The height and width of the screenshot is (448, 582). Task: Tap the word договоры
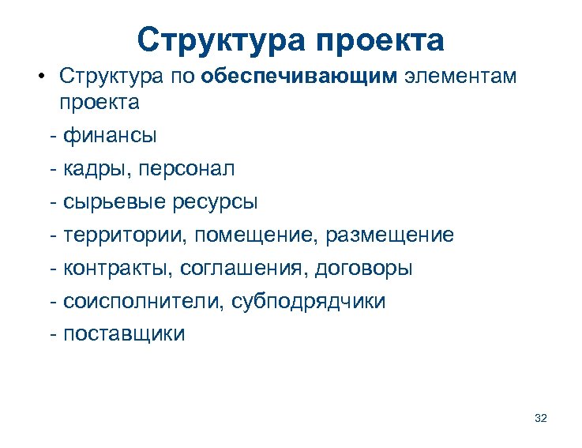[363, 269]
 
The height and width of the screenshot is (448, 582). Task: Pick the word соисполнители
[141, 302]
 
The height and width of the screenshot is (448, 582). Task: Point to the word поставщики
[124, 334]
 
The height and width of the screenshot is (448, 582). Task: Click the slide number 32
[541, 417]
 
